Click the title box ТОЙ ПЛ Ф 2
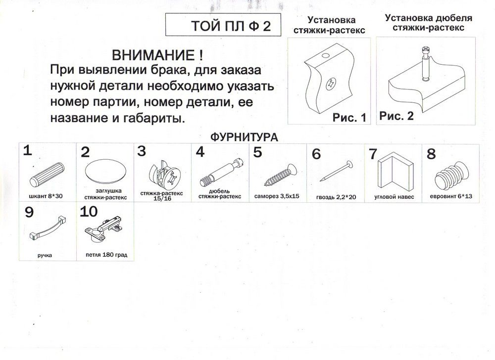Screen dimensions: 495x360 tap(223, 25)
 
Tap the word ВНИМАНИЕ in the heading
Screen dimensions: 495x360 tap(153, 55)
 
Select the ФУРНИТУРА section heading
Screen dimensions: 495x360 tap(244, 137)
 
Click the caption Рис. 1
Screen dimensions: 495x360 tap(349, 118)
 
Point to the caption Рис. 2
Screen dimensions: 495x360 tap(396, 116)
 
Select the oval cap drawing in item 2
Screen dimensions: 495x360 tap(105, 171)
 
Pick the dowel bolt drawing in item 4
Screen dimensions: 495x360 tap(222, 172)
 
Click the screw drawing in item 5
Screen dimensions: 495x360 tap(280, 175)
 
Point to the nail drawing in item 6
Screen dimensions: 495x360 tap(336, 171)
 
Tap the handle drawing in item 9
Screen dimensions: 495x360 tap(48, 227)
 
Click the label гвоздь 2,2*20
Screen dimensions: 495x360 tap(336, 197)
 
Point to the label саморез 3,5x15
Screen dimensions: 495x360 tap(277, 196)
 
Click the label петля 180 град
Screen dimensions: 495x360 tap(106, 255)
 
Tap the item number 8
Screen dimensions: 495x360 tap(431, 154)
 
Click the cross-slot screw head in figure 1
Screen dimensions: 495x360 tap(331, 85)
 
